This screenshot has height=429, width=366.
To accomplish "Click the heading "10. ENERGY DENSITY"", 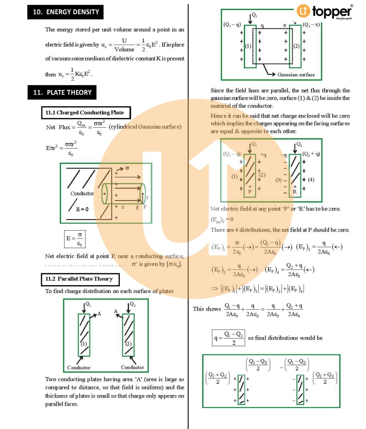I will (66, 12).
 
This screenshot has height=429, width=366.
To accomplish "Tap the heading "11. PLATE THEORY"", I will (62, 93).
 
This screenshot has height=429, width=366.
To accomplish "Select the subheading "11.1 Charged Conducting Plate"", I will (84, 113).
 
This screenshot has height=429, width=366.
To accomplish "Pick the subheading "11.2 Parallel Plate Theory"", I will (79, 279).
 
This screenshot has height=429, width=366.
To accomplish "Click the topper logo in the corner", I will (324, 12).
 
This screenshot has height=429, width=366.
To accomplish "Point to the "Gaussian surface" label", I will (296, 75).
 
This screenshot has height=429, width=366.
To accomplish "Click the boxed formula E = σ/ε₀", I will (75, 239).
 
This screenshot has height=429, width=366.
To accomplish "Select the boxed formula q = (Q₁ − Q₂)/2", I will (228, 338).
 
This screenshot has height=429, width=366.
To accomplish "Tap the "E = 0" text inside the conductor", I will (82, 209).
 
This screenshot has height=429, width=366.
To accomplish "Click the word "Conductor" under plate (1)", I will (79, 368).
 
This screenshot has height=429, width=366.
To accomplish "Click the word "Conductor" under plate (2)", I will (132, 367).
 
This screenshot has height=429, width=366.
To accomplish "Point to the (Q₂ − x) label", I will (311, 25).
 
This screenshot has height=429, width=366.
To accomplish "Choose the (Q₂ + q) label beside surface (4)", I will (311, 154).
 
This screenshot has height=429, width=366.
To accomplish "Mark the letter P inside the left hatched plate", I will (250, 192).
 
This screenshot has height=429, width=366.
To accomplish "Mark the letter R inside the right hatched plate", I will (295, 192).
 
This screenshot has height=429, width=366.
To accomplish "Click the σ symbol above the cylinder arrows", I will (127, 168).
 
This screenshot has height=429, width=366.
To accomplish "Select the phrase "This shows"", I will (207, 309).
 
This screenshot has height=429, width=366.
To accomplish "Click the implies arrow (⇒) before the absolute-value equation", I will (214, 289).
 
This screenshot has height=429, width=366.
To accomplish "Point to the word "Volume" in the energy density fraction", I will (124, 49).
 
